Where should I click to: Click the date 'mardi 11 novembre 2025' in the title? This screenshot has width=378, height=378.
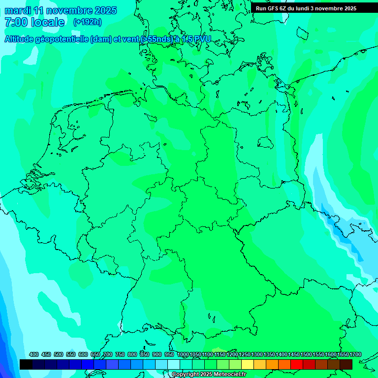[61, 10]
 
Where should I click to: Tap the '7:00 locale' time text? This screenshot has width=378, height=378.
[34, 22]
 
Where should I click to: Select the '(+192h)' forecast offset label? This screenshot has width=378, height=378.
[87, 22]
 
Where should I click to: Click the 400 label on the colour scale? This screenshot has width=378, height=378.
[34, 354]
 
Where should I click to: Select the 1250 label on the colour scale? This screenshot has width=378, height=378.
[245, 354]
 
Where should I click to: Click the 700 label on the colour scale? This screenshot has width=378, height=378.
[108, 354]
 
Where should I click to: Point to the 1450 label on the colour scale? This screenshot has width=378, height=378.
[294, 354]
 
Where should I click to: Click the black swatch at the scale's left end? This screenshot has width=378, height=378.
[26, 364]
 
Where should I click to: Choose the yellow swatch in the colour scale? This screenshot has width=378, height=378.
[248, 364]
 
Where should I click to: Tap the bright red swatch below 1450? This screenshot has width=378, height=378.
[297, 364]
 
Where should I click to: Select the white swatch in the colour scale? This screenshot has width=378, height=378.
[174, 364]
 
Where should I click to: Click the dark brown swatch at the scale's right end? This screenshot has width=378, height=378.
[346, 364]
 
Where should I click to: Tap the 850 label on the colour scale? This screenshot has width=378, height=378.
[145, 354]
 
